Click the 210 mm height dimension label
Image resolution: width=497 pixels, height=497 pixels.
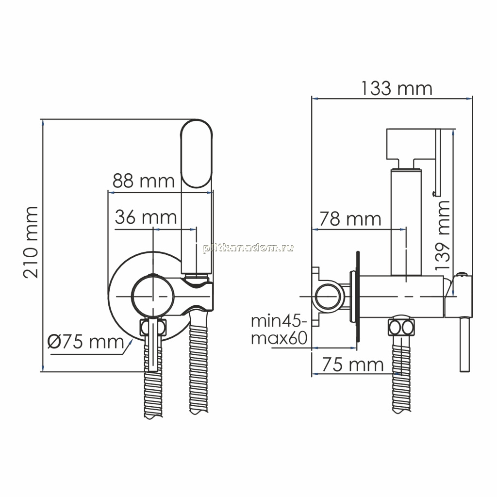click(31, 243)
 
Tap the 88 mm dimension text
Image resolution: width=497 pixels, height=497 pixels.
click(144, 181)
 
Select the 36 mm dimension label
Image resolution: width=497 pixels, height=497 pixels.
click(146, 217)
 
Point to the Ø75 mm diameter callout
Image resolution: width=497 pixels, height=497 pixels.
click(85, 342)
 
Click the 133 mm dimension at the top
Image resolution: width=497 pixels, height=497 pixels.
click(397, 88)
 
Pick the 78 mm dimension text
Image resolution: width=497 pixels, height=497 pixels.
click(350, 219)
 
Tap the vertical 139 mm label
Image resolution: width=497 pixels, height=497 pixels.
click(443, 235)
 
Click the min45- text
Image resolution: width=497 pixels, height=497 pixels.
click(279, 321)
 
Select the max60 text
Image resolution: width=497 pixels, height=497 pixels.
click(279, 338)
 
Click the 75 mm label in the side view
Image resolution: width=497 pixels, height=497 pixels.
click(353, 364)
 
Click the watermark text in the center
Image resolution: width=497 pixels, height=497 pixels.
click(248, 248)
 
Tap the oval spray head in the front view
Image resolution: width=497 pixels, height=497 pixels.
click(196, 154)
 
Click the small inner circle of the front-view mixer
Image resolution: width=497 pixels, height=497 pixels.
click(153, 296)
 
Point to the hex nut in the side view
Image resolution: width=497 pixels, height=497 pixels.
click(401, 327)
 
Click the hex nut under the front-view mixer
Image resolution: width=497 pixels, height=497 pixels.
click(153, 327)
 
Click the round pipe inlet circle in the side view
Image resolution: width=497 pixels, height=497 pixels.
click(330, 296)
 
